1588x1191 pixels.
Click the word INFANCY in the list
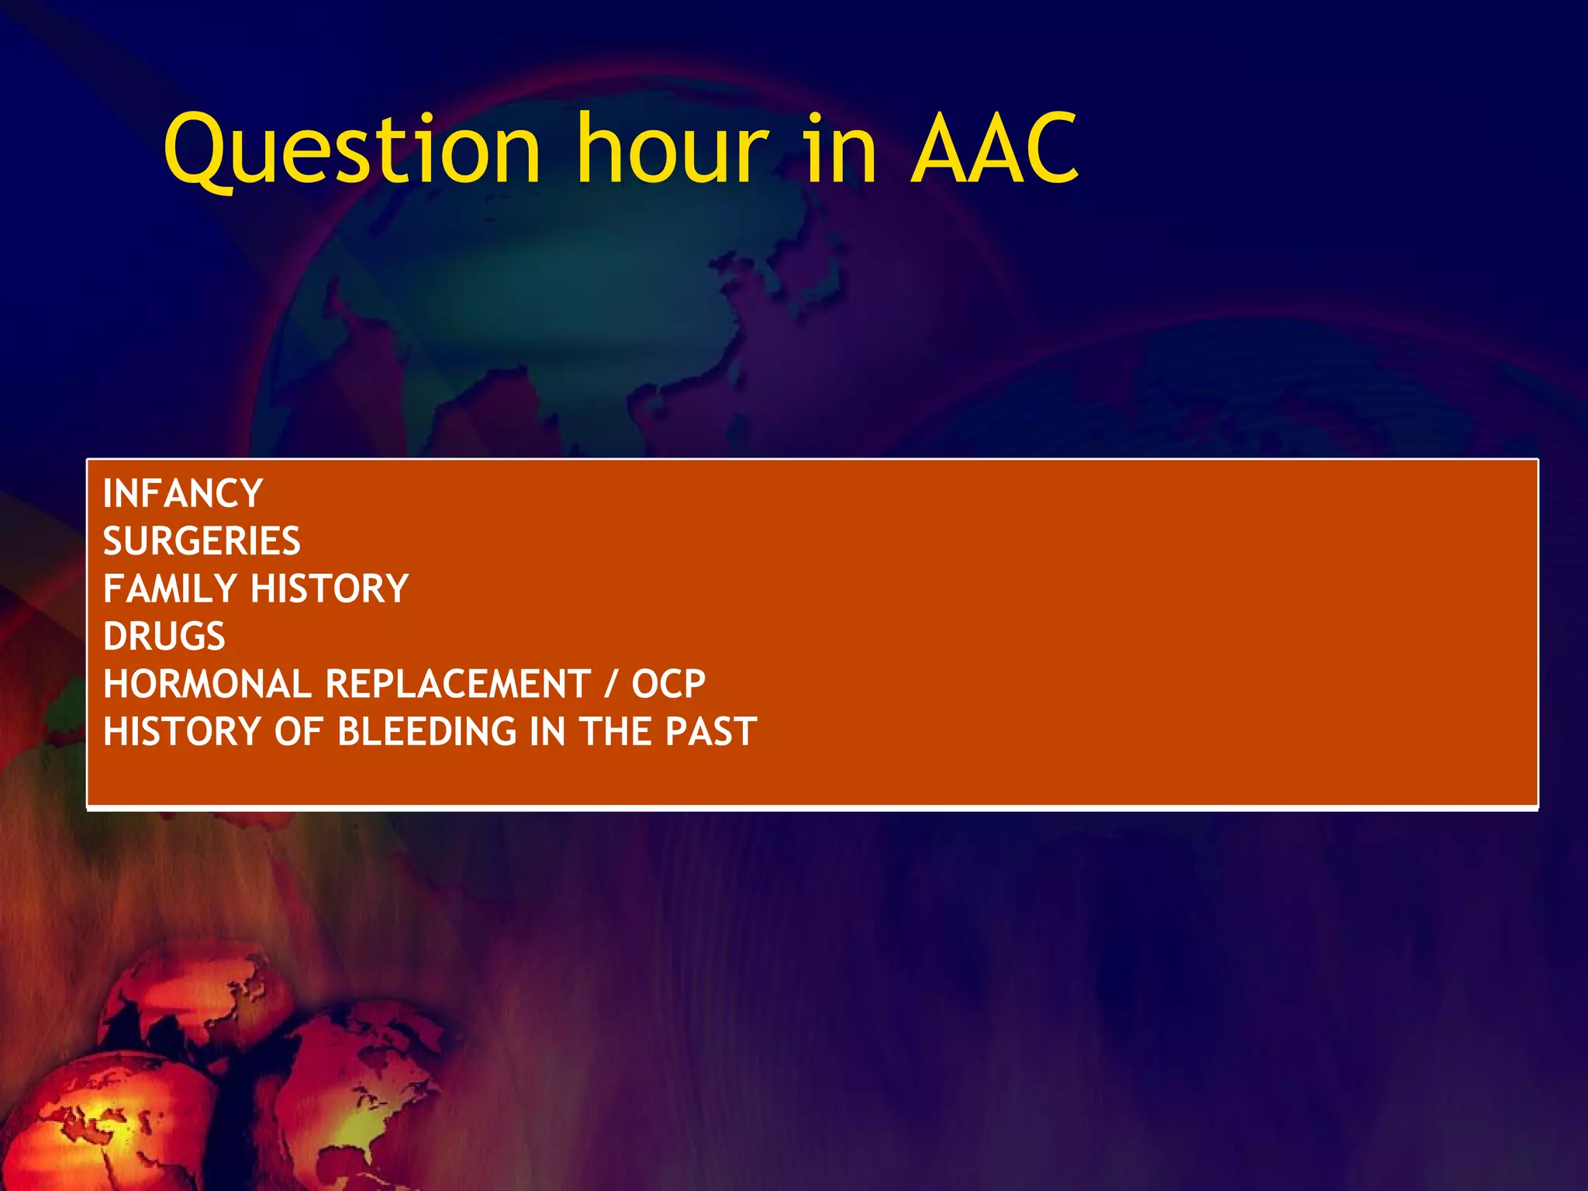[x=183, y=494]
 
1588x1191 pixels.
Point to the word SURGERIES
[x=202, y=541]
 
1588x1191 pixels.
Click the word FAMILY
[x=170, y=589]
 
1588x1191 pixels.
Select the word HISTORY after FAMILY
[x=330, y=589]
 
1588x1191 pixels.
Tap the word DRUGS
[x=164, y=637]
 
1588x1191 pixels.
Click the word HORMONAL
[x=207, y=684]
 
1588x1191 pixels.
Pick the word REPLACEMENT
[x=458, y=684]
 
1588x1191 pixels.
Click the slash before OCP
[x=612, y=684]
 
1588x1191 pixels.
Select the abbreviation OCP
[x=668, y=684]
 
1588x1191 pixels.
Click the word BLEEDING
[x=426, y=732]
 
